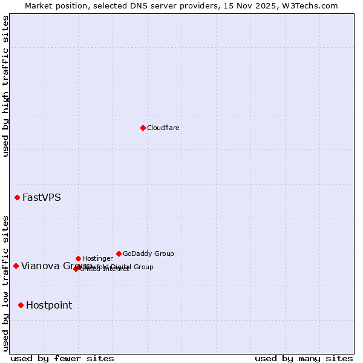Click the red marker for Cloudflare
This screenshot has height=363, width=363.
pos(143,128)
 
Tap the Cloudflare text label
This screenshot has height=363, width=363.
pos(163,128)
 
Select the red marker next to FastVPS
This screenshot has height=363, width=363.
pos(18,197)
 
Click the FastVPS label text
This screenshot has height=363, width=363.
pos(42,198)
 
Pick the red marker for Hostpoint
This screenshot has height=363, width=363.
pos(21,305)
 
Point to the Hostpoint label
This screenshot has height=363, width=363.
pos(49,306)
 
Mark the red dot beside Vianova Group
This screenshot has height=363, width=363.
pos(16,266)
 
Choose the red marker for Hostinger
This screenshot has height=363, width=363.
pos(78,258)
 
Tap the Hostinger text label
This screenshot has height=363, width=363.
pos(97,259)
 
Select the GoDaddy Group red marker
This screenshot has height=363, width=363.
pos(119,253)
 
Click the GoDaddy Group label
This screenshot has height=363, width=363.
pos(148,254)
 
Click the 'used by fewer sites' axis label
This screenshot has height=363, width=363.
pos(62,359)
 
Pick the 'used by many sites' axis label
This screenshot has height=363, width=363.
pos(304,359)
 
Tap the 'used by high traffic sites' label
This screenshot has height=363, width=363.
pos(6,86)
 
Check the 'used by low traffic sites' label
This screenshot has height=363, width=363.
pos(6,283)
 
